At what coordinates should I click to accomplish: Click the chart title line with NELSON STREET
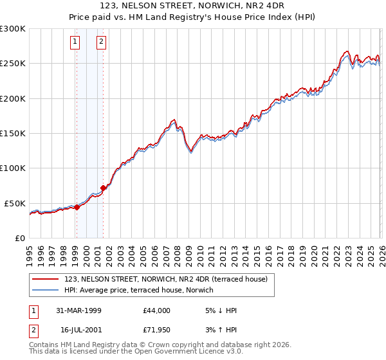tap(193, 6)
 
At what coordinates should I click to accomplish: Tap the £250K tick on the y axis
tap(13, 64)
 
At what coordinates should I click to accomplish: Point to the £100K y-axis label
tap(13, 168)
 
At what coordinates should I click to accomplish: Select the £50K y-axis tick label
tap(15, 203)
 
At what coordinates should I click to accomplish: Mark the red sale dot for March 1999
tap(77, 207)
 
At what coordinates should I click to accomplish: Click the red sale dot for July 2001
tap(103, 188)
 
